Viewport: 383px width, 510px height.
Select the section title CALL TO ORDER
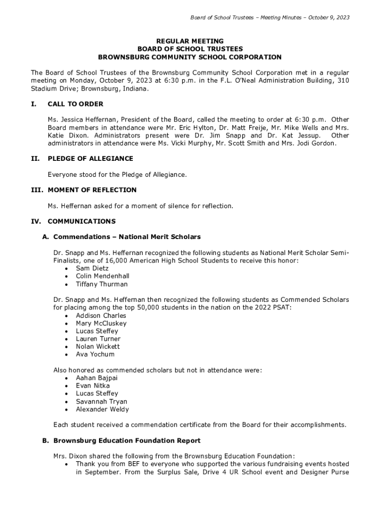75,104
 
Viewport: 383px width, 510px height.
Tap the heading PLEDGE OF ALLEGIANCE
90,158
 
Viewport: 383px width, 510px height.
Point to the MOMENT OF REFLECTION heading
92,190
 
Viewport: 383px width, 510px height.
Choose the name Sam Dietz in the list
92,268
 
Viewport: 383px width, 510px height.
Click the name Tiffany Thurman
101,284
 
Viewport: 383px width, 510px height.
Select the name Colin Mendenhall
102,276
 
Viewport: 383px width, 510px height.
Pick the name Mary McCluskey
101,323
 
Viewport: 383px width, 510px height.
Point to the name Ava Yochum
95,354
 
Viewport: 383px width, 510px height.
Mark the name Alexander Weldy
102,409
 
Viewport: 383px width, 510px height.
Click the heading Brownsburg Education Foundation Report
127,440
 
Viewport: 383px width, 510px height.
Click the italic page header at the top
270,17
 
